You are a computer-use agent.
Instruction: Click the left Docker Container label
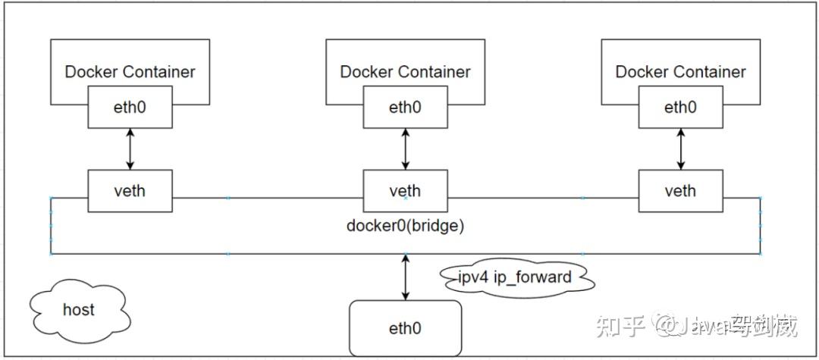[130, 72]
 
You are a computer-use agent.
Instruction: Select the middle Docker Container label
[405, 72]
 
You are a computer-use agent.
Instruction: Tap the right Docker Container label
[680, 72]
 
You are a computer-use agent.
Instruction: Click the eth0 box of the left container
[130, 107]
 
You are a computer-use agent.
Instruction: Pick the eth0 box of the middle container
[405, 107]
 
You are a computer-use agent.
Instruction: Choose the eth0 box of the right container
[680, 107]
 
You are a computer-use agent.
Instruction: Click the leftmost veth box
[130, 191]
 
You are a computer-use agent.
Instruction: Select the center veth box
[405, 191]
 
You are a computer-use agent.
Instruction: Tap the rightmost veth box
[680, 191]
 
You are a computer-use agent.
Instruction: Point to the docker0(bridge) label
[405, 226]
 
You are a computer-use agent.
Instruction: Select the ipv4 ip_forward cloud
[515, 277]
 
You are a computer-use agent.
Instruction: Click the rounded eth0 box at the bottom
[405, 328]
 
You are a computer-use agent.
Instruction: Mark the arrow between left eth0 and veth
[130, 149]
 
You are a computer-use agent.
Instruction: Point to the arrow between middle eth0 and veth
[405, 149]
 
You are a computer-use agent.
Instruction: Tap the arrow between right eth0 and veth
[680, 149]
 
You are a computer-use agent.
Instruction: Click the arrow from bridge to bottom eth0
[405, 277]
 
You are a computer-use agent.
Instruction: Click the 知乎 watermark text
[620, 326]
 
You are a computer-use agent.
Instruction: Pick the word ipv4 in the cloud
[474, 277]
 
